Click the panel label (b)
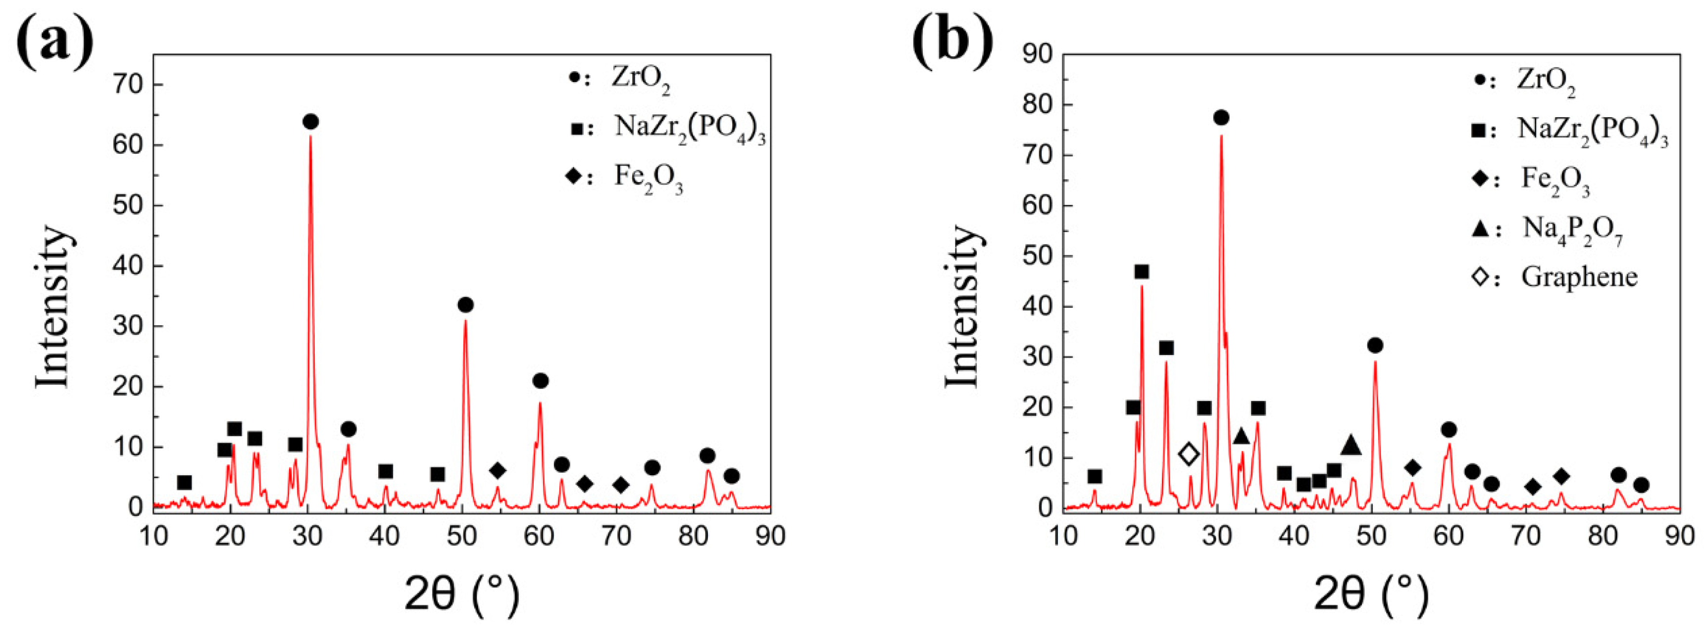click(x=952, y=39)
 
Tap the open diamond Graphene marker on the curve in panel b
click(x=1189, y=453)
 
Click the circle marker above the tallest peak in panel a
click(x=311, y=122)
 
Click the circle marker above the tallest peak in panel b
click(x=1221, y=118)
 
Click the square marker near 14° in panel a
click(x=185, y=483)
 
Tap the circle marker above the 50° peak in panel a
click(x=465, y=305)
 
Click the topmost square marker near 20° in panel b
click(x=1142, y=272)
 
